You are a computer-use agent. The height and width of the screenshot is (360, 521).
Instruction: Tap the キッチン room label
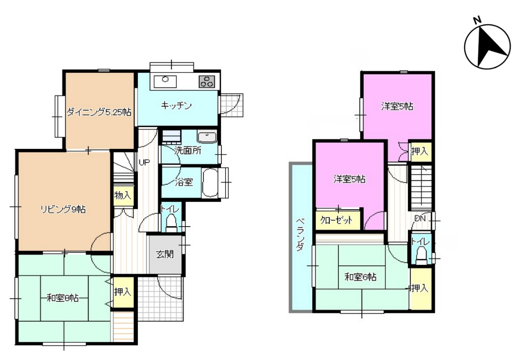tap(176, 106)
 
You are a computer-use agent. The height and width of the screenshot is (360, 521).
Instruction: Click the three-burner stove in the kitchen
tap(207, 82)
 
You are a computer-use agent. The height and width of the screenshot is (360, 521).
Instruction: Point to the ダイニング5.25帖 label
tap(99, 112)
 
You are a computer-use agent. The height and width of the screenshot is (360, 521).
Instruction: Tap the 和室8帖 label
tap(63, 298)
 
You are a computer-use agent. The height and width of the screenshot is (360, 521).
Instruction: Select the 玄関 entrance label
tap(165, 254)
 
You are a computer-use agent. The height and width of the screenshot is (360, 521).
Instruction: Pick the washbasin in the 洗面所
tap(207, 137)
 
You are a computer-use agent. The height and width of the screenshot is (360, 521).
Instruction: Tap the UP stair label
tap(144, 162)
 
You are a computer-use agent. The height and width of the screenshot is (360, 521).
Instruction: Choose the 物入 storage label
tap(123, 195)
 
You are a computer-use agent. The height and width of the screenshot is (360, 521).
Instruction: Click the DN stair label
tap(420, 218)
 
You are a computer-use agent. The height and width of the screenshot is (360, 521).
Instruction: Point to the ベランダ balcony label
tap(301, 234)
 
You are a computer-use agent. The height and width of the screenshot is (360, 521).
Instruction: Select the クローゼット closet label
tap(336, 220)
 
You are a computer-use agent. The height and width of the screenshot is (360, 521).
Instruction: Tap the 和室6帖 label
tap(360, 277)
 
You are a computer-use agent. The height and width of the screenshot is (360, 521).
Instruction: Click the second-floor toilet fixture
tap(421, 255)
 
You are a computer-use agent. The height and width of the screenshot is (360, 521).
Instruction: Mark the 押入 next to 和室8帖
tap(123, 292)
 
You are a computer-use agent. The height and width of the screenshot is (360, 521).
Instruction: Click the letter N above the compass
tap(477, 20)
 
